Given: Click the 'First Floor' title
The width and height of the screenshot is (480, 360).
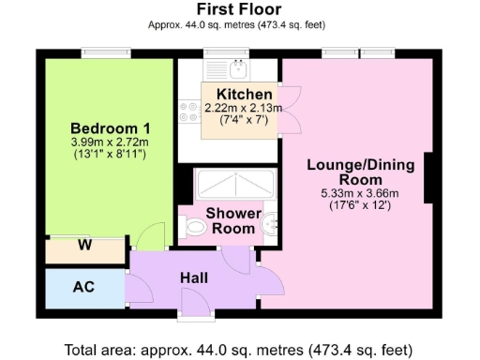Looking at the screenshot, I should pos(239,8).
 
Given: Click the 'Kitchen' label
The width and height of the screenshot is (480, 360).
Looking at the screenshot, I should pos(244,95).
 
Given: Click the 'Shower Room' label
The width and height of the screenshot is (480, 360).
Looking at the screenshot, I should pos(233,221).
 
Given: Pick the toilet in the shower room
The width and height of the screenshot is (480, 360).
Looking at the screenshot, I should pos(195,226).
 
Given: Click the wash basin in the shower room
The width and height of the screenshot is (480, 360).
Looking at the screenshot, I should pos(269,224).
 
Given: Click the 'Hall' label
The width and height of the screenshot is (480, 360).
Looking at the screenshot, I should pos(193,277).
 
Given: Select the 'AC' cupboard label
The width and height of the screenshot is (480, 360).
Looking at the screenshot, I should pos(83,286).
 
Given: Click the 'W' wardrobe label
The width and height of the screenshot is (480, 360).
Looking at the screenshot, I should pos(84,248).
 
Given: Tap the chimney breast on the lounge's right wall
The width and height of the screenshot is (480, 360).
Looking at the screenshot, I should pos(429,176).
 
